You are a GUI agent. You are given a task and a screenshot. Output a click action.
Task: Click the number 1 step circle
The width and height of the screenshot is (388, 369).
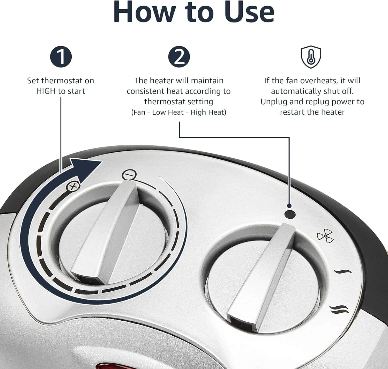coord(61,57)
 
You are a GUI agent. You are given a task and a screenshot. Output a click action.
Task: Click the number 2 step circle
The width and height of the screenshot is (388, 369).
coord(179,57)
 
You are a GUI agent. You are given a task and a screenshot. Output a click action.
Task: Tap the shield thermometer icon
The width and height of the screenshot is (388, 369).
coord(311,57)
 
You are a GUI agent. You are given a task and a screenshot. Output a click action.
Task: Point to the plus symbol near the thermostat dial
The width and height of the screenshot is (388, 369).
coord(73,186)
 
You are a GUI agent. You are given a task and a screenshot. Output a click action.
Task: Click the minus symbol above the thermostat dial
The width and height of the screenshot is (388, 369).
coord(129,174)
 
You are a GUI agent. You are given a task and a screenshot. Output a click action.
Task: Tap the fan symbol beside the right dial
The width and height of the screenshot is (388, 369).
coord(325,236)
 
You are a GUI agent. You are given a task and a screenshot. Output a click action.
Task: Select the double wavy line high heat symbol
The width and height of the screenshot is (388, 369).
coord(339,309)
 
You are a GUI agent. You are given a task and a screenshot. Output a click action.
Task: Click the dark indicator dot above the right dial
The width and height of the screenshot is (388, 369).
coord(290,215)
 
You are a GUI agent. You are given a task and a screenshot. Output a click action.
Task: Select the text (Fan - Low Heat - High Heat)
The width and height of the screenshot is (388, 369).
coord(178,112)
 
